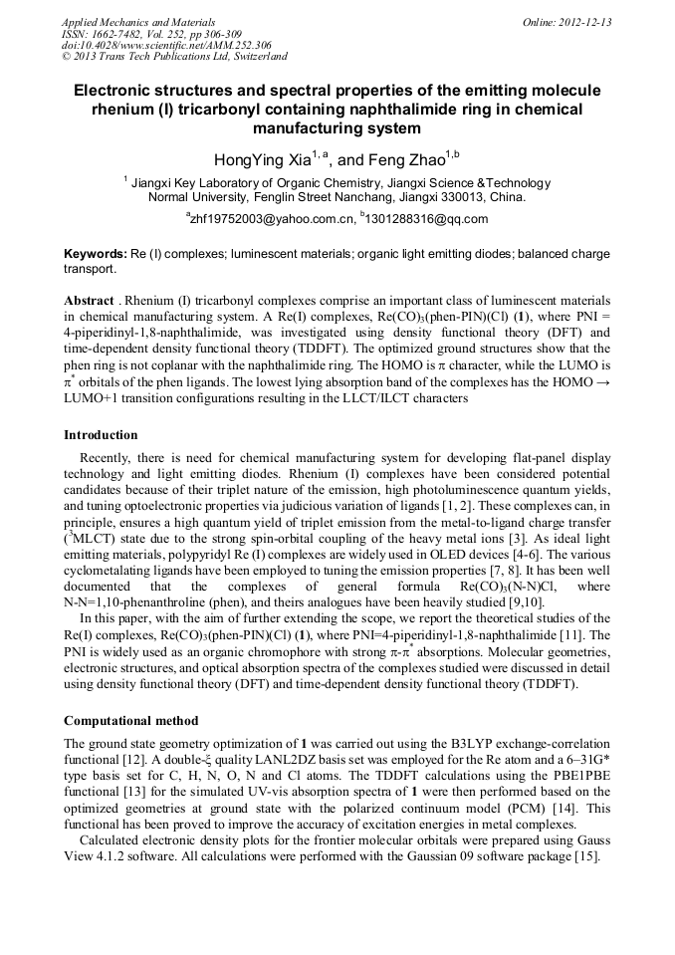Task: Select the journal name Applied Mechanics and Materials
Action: point(138,22)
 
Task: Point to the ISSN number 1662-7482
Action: point(124,34)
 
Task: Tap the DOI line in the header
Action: point(166,46)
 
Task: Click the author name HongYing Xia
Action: point(263,159)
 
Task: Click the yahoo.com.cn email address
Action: point(272,219)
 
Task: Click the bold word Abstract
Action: point(89,301)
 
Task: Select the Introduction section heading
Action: point(101,435)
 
